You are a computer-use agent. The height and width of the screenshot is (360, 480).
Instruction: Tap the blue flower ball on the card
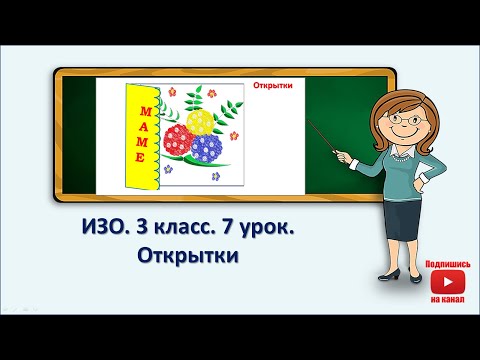[205, 149]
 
